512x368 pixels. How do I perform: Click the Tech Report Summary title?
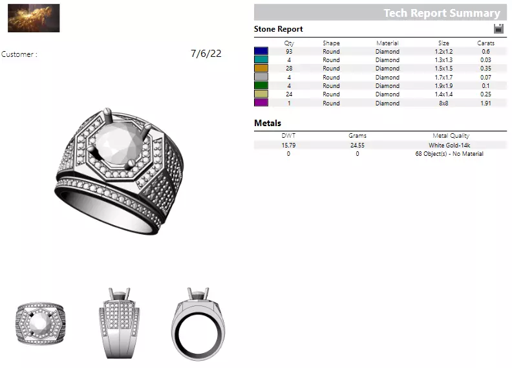(442, 13)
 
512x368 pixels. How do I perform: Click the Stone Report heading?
(278, 29)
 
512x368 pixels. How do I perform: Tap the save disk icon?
(498, 28)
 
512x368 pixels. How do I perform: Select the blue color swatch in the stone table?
(261, 51)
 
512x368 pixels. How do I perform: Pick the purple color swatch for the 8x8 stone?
(261, 103)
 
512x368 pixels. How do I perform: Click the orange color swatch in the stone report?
(261, 69)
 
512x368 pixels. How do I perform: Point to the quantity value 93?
(289, 51)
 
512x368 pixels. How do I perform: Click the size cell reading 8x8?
(443, 103)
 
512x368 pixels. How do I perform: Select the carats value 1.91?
(486, 103)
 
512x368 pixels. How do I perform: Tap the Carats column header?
(486, 43)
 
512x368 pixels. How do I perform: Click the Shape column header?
(331, 43)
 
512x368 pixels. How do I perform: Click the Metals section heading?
(268, 123)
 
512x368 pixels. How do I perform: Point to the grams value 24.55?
(357, 146)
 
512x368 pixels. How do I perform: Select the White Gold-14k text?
(449, 146)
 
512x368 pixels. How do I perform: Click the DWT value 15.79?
(288, 146)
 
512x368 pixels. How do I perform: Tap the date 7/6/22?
(206, 54)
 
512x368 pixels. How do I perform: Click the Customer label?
(19, 54)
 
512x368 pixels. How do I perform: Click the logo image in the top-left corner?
(34, 18)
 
